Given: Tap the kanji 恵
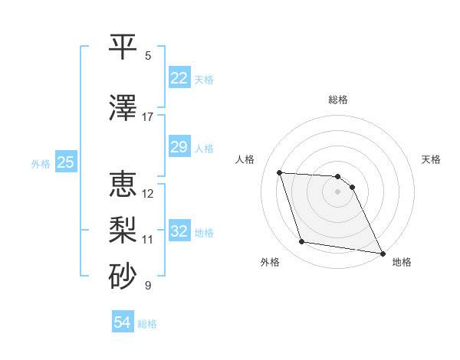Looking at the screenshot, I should tap(123, 185).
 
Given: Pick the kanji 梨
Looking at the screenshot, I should tap(123, 230).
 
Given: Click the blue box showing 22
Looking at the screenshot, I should tap(179, 78).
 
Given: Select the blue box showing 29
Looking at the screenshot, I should tap(179, 147).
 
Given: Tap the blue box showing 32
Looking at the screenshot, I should tap(179, 231).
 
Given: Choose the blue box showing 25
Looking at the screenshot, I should tap(65, 162).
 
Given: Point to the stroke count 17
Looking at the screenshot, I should tap(147, 117).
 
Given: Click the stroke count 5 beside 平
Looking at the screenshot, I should tap(148, 55).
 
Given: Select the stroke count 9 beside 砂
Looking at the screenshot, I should tap(148, 286).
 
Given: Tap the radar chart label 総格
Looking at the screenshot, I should tap(338, 100).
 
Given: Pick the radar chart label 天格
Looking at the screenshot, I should tap(431, 159).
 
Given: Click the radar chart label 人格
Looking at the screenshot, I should tap(245, 159).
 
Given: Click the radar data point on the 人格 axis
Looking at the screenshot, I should tap(279, 172).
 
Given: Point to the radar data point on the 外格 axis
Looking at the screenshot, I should tap(302, 242).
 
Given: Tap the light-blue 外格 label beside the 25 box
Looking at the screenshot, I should tap(40, 163).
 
